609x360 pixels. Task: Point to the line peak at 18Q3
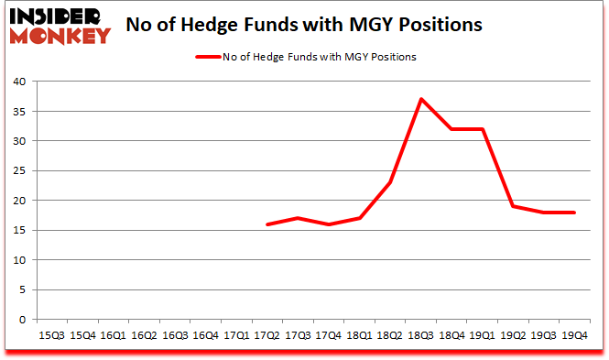point(420,99)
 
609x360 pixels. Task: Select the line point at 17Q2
point(266,224)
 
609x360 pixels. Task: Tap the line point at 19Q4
point(574,213)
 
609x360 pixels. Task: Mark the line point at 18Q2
point(389,182)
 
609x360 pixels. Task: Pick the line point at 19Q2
point(513,206)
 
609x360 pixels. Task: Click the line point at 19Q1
point(482,129)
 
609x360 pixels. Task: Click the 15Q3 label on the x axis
point(51,336)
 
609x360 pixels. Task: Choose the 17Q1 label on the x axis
point(235,336)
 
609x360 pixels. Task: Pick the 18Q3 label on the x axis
point(420,336)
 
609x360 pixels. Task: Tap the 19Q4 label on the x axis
point(574,336)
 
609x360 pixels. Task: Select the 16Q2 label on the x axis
point(144,336)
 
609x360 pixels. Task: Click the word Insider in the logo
point(57,16)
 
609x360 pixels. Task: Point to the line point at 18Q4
point(451,129)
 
